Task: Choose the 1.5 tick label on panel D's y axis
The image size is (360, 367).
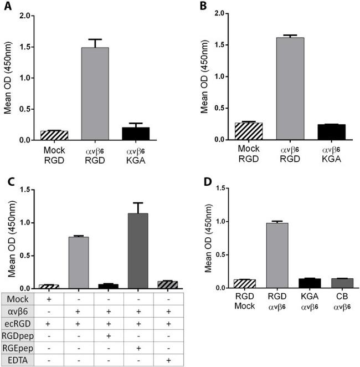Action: [218, 188]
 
